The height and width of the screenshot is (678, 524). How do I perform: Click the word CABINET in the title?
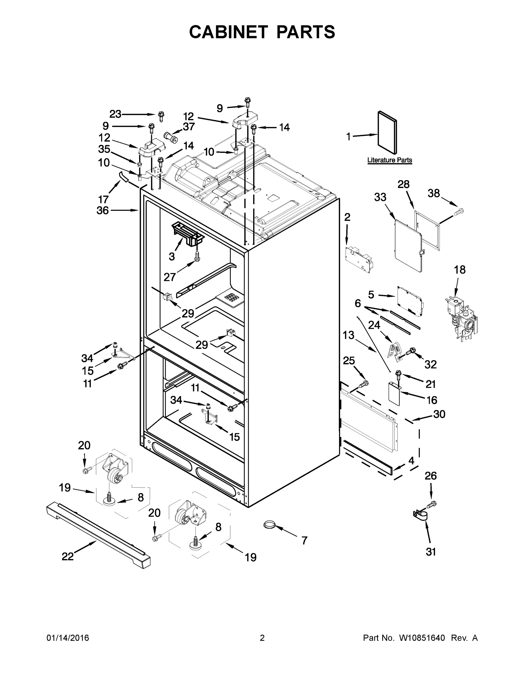coord(228,32)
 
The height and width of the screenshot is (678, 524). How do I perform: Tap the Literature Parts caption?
coord(390,160)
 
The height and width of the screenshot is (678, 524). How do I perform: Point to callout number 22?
coord(68,557)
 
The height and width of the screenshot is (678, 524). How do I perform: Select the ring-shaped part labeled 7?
coord(269,525)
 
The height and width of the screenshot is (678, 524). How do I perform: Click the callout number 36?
coord(103,210)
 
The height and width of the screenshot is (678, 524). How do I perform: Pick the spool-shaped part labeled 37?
coord(170,137)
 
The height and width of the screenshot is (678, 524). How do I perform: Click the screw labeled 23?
coord(161,116)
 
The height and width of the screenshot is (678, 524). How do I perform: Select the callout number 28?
coord(404,184)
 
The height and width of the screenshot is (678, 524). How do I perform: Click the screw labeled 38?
coord(459,212)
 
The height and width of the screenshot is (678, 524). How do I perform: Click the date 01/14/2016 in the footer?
coord(68,638)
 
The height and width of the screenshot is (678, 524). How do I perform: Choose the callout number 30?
coord(439,414)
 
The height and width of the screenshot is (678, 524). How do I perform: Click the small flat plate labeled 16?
coord(394,393)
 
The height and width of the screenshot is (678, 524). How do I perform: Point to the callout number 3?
coord(172,256)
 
